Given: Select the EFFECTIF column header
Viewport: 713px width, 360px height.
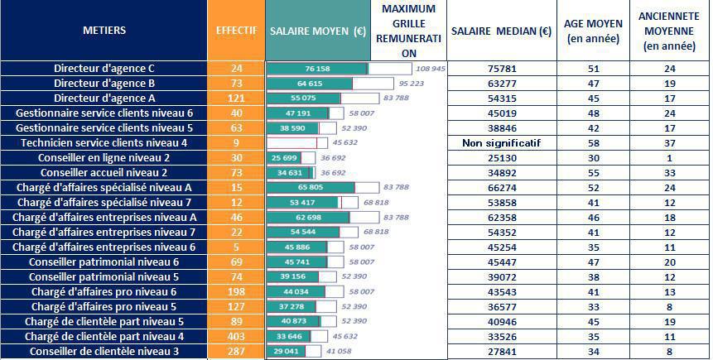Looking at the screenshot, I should click(x=236, y=31).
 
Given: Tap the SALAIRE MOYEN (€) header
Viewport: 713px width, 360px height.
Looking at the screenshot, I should click(x=318, y=31).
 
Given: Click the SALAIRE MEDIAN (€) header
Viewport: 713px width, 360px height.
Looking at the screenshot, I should click(x=501, y=31).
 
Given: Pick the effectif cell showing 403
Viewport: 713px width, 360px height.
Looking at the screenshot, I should click(x=237, y=337).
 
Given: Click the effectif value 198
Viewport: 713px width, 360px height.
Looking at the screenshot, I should click(x=237, y=292).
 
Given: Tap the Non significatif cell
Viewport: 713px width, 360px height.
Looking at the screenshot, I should click(x=501, y=142).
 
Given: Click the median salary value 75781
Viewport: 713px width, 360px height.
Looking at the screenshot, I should click(x=501, y=68).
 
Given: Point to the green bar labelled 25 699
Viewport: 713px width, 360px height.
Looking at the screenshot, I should click(x=283, y=158).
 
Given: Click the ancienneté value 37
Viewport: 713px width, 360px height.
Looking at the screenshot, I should click(x=670, y=142).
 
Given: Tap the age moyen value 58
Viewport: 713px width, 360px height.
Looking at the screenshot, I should click(x=593, y=142).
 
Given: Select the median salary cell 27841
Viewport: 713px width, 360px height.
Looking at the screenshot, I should click(x=501, y=352).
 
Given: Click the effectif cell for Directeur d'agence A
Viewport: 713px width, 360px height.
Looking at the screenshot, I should click(x=237, y=98).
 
